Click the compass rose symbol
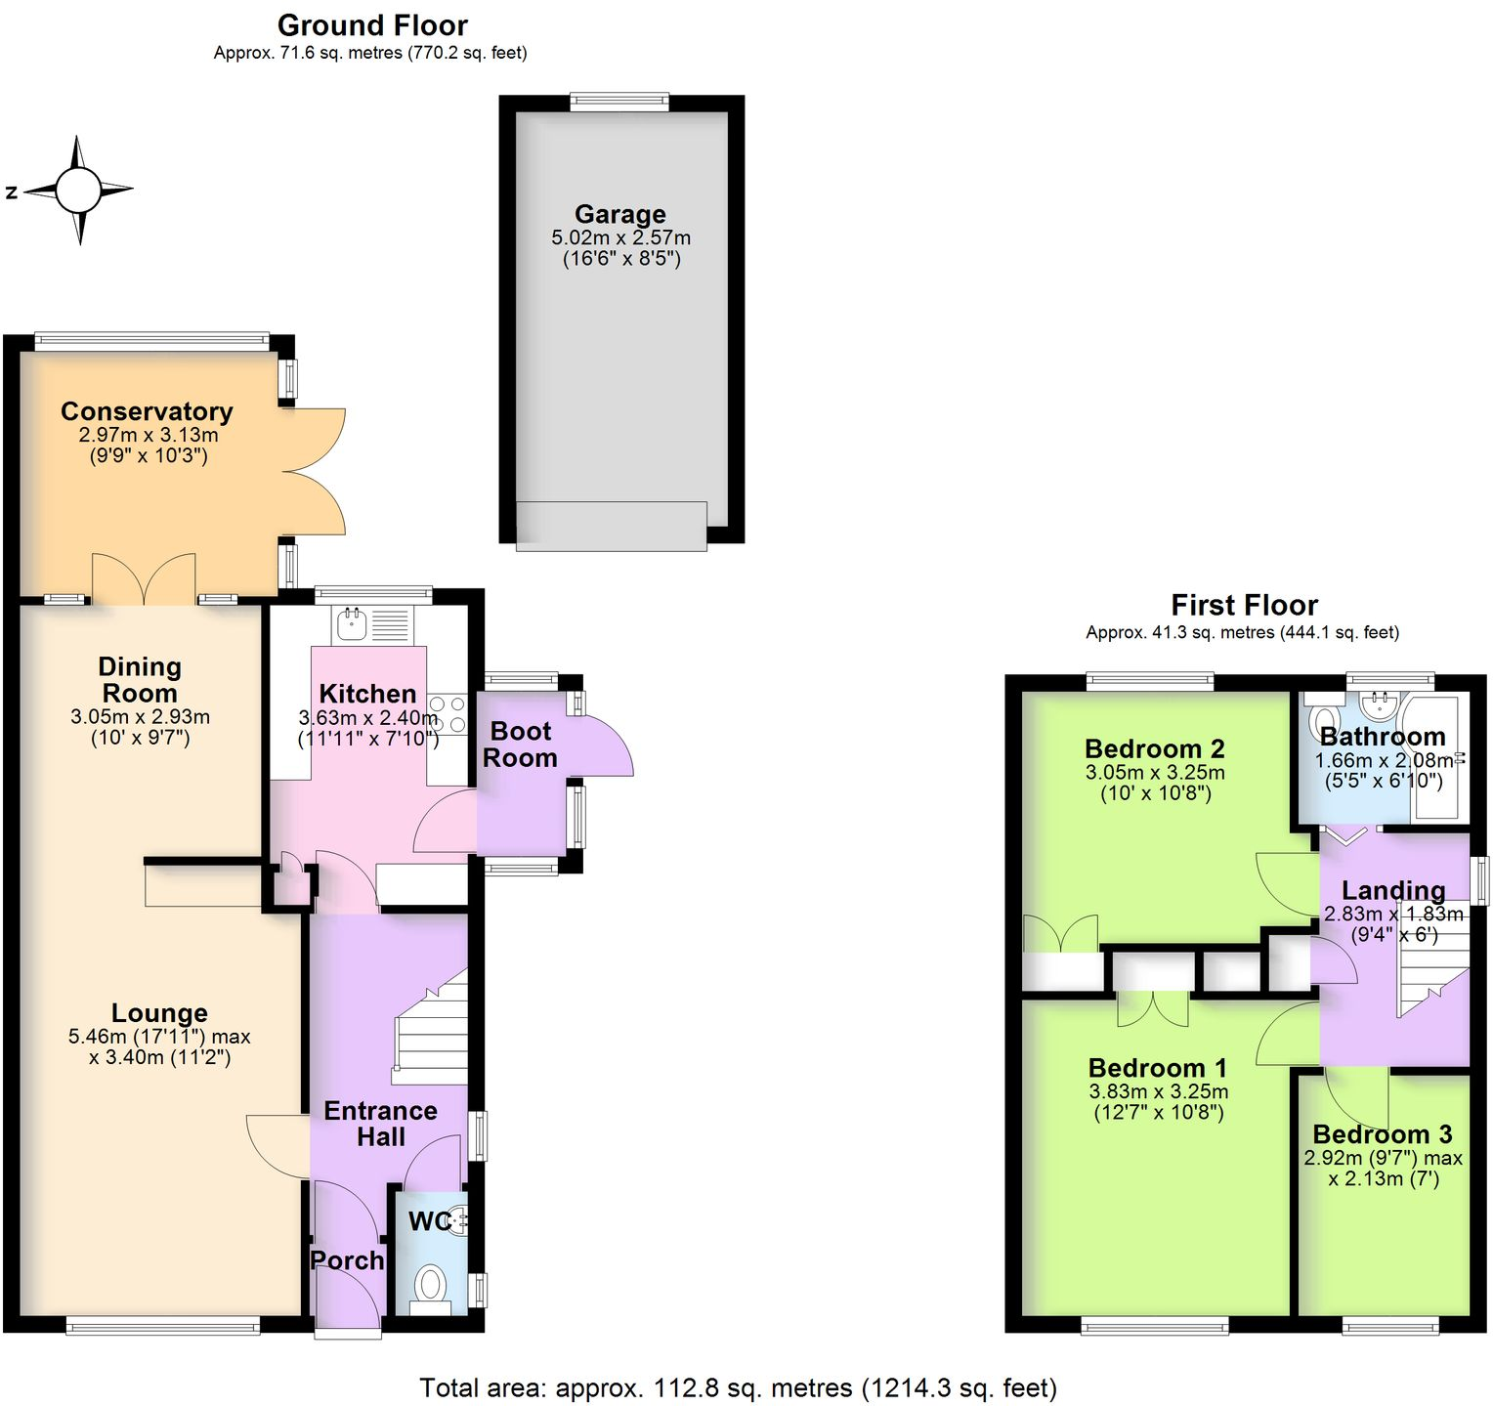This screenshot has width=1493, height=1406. click(79, 191)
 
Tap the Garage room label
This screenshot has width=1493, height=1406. click(619, 214)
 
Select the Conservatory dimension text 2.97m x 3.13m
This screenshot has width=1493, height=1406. click(149, 435)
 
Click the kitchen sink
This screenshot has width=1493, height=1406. click(350, 623)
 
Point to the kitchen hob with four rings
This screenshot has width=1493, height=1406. click(448, 714)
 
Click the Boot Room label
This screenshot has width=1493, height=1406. click(521, 745)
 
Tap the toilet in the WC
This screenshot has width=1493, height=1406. click(430, 1284)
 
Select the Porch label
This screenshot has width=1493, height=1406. click(347, 1260)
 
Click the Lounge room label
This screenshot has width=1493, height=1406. click(159, 1013)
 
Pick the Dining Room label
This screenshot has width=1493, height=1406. click(140, 680)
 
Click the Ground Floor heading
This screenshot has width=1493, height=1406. click(372, 25)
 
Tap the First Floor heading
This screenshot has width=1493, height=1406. click(1244, 605)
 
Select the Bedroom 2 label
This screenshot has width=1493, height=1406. click(1154, 749)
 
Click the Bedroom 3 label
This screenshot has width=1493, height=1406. click(1382, 1134)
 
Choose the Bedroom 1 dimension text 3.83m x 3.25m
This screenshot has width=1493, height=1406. click(1158, 1091)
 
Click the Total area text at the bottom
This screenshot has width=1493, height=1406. click(738, 1387)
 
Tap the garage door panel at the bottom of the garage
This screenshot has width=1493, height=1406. click(611, 526)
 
